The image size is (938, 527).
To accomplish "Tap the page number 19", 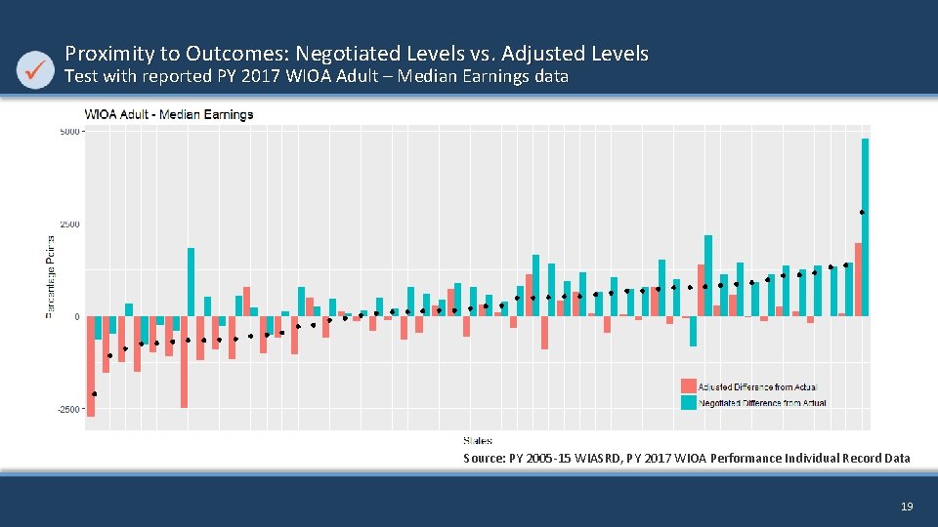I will (x=906, y=507).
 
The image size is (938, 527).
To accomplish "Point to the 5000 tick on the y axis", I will (x=69, y=131).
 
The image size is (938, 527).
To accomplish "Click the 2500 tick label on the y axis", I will (x=69, y=224).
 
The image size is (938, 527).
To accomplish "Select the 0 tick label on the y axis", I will (x=77, y=317).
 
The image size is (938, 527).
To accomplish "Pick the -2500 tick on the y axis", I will (x=68, y=410).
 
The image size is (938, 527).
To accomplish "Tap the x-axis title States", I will (x=477, y=442).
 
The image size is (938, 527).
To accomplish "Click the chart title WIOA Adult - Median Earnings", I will (x=169, y=114).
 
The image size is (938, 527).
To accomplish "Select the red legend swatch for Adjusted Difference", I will (x=689, y=386).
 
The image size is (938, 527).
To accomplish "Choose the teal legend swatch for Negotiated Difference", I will (x=689, y=402).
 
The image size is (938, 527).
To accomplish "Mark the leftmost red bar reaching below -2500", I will (x=91, y=366).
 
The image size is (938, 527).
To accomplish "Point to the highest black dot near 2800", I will (x=862, y=212).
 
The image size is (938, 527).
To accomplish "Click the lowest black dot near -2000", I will (x=95, y=394).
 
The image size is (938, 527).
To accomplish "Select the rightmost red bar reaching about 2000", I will (x=858, y=279).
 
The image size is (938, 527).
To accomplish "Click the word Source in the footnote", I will (x=484, y=458).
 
